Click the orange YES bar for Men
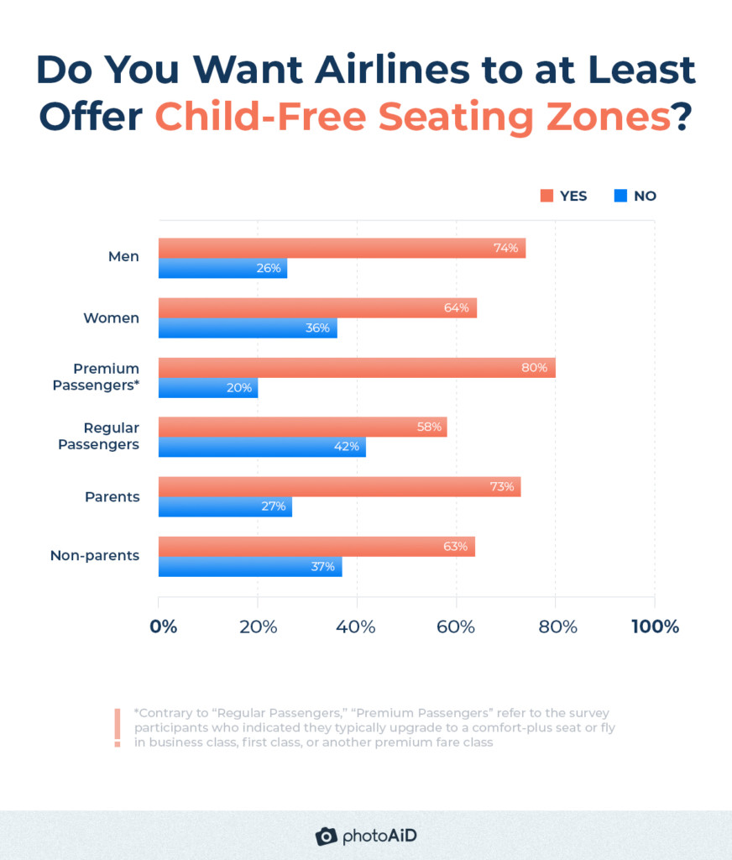pyautogui.click(x=342, y=248)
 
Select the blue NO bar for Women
pyautogui.click(x=248, y=328)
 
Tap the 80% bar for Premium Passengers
pyautogui.click(x=357, y=368)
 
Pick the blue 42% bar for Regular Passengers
pyautogui.click(x=262, y=448)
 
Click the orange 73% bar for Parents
pyautogui.click(x=339, y=487)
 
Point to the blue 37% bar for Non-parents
pyautogui.click(x=250, y=567)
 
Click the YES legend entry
pyautogui.click(x=563, y=196)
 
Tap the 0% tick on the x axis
pyautogui.click(x=164, y=627)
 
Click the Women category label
pyautogui.click(x=111, y=318)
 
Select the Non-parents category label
pyautogui.click(x=95, y=556)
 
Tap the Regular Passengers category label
pyautogui.click(x=99, y=437)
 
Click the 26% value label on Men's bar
pyautogui.click(x=268, y=269)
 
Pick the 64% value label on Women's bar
pyautogui.click(x=457, y=308)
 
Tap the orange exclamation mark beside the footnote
pyautogui.click(x=118, y=727)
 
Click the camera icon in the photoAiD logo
pyautogui.click(x=327, y=836)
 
